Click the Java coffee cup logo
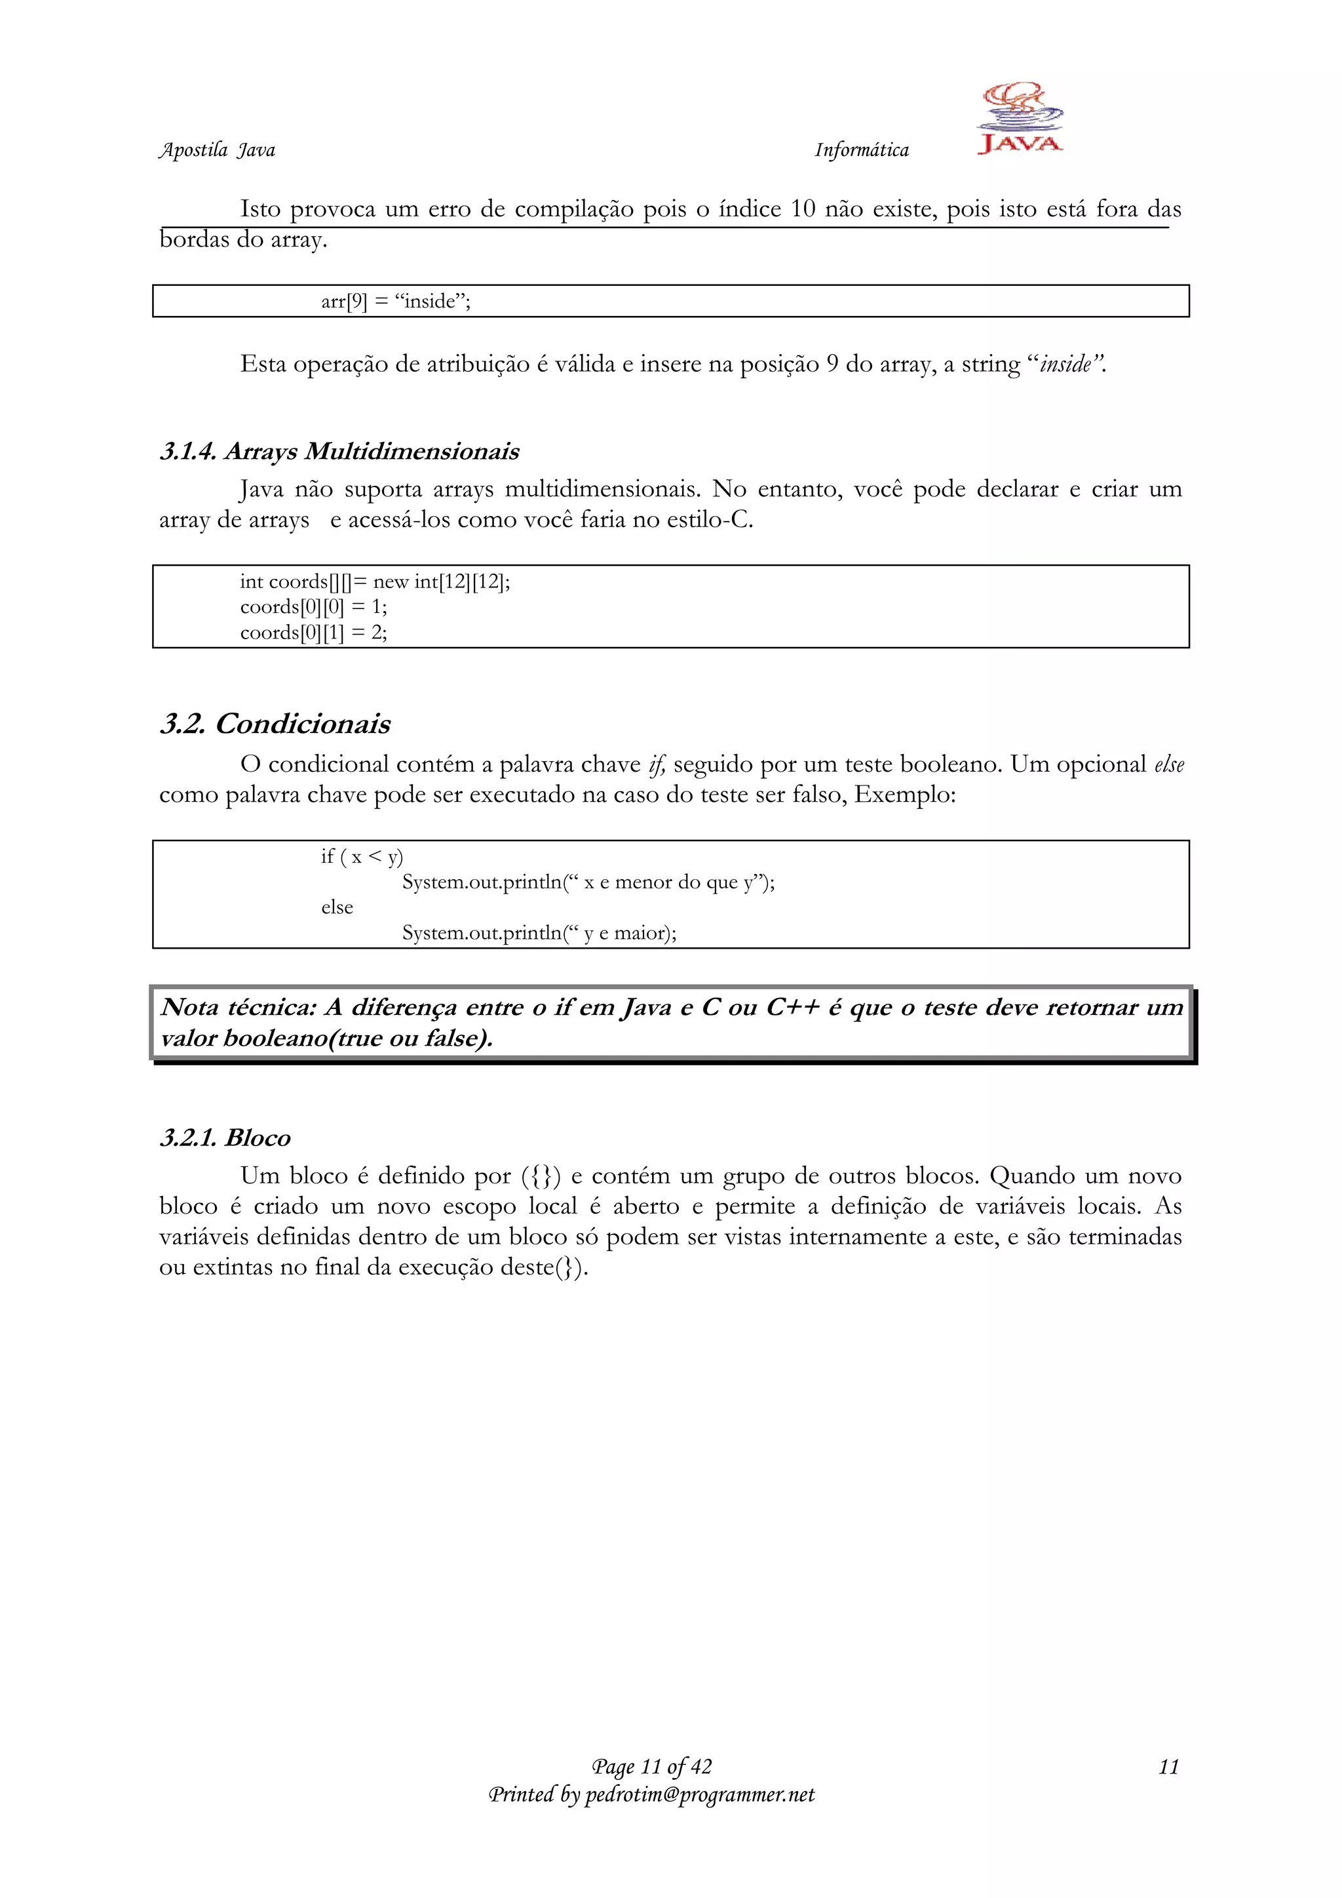[1020, 117]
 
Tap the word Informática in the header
[861, 149]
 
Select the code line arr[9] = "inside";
[396, 301]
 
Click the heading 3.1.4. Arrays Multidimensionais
[339, 451]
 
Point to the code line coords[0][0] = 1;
[313, 606]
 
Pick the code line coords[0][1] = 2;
[313, 633]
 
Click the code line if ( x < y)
[362, 856]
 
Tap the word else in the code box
[337, 907]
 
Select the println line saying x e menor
[588, 882]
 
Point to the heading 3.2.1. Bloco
[225, 1137]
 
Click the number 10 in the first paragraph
[803, 209]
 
